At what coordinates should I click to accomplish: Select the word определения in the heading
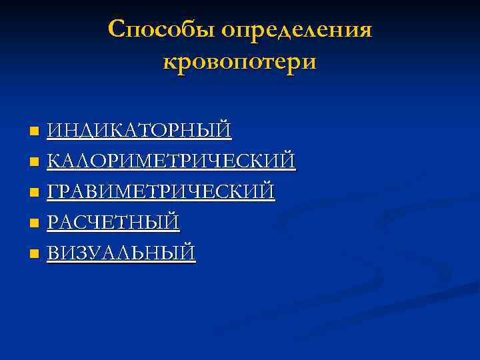[x=297, y=30]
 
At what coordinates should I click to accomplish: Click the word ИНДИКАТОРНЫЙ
[x=139, y=129]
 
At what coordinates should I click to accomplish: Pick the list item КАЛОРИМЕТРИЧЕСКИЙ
[x=171, y=161]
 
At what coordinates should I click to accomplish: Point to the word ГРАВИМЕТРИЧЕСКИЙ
[x=161, y=192]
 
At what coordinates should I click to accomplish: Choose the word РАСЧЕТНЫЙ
[x=113, y=223]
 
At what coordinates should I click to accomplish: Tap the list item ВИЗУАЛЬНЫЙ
[x=121, y=253]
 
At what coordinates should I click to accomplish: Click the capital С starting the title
[x=116, y=30]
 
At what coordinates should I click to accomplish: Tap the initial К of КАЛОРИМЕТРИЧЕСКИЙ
[x=54, y=161]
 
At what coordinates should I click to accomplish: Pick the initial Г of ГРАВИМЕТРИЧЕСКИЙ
[x=53, y=192]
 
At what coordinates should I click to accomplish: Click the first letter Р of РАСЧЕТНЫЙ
[x=53, y=223]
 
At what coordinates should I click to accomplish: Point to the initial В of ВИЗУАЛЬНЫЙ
[x=53, y=253]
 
